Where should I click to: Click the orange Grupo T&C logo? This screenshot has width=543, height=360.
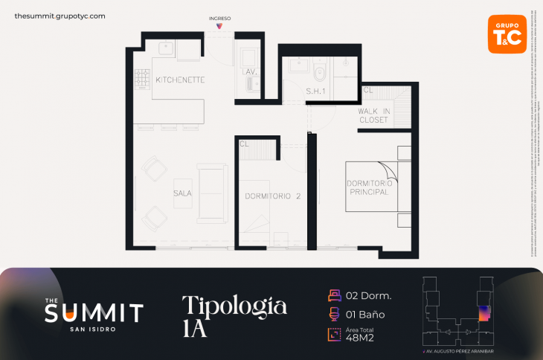506,34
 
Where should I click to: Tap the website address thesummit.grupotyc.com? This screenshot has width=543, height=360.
60,16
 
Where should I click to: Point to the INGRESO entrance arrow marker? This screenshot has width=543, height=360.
219,26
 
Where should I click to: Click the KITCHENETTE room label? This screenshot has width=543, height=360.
180,80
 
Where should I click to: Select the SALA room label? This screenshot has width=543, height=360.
182,193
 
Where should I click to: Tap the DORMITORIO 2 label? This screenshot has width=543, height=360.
272,197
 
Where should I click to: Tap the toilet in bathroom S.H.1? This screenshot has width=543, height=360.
321,73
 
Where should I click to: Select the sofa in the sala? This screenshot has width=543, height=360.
213,193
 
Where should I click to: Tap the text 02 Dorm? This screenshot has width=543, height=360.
369,295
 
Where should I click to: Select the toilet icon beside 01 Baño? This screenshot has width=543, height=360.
334,314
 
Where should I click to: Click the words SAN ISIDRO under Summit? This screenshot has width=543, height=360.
93,330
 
